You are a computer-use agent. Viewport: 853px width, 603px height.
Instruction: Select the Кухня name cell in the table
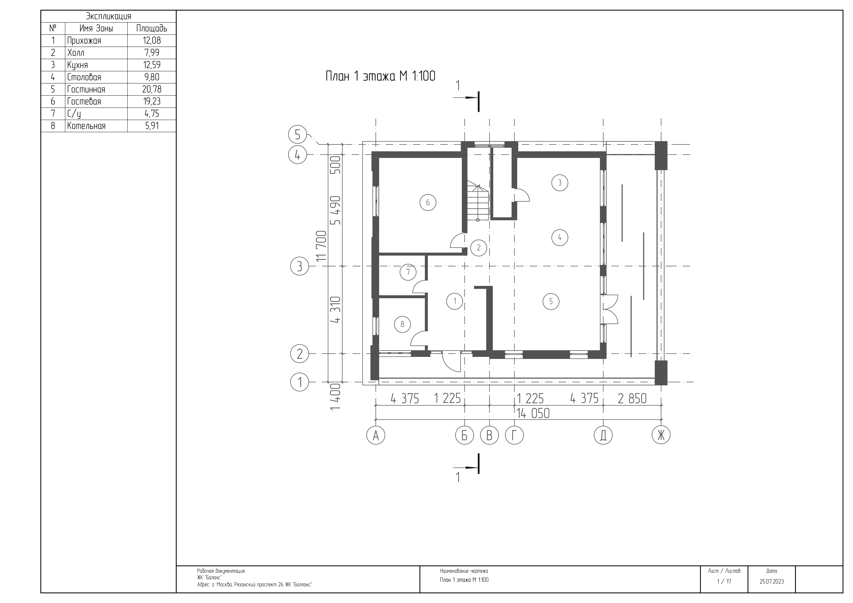pos(78,65)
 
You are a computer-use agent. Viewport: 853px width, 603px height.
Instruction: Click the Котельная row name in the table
pos(86,126)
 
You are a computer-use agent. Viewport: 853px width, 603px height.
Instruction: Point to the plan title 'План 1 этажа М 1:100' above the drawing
pos(381,76)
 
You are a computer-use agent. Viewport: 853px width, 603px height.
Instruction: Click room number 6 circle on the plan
pos(428,202)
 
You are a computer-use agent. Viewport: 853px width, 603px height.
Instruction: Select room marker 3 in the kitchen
pos(560,183)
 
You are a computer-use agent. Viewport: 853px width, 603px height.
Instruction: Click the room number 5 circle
pos(551,301)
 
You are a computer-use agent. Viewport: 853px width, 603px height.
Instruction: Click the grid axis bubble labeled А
pos(376,435)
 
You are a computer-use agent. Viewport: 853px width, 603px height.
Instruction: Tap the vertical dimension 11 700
pos(321,246)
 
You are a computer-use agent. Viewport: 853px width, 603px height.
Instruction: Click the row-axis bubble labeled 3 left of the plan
pos(300,266)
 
